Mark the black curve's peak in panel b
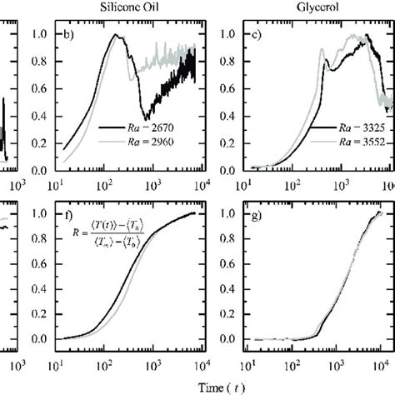point(138,35)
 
